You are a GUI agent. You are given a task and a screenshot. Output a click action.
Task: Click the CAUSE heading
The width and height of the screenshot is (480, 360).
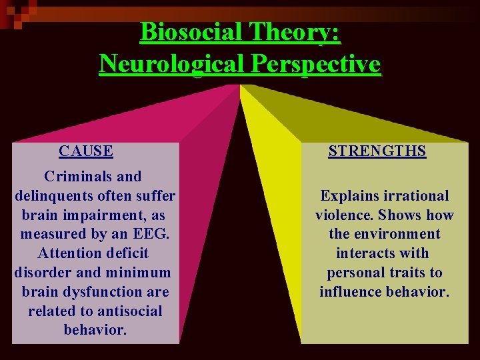[85, 151]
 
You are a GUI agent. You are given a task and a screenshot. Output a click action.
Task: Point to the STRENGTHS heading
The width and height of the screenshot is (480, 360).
[377, 151]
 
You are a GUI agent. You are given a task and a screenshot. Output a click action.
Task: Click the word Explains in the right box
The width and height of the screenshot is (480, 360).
[349, 196]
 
